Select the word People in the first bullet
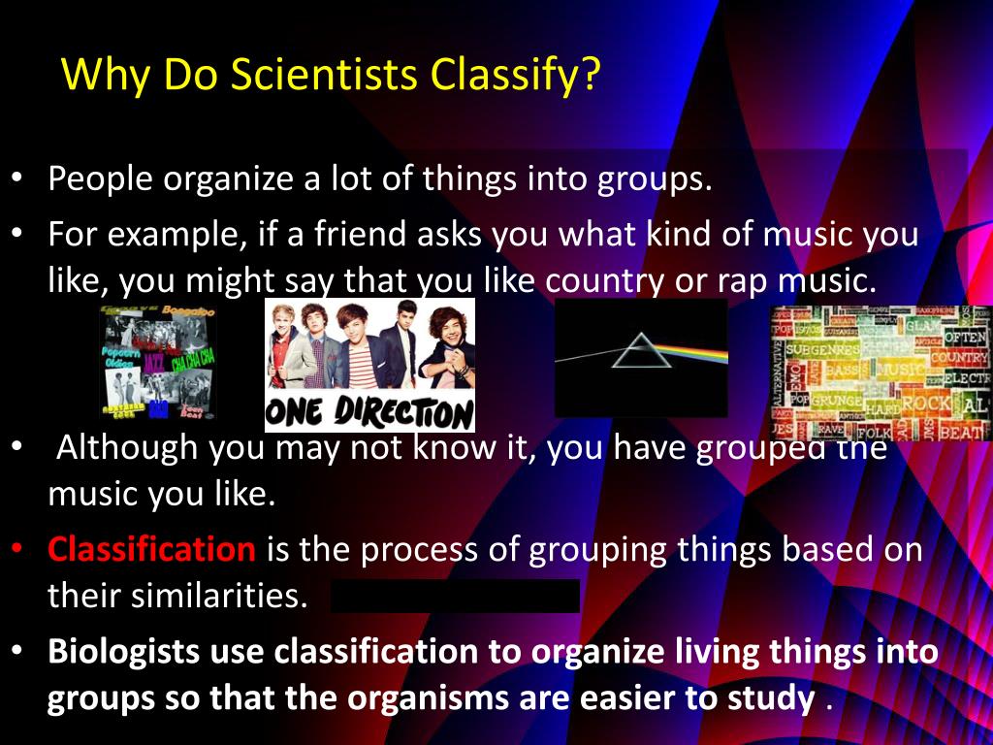(x=100, y=179)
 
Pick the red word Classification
(x=151, y=550)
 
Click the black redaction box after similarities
(x=455, y=597)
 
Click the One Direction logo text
(x=369, y=413)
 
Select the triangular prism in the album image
(x=638, y=350)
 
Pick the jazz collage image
(x=158, y=362)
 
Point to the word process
(x=382, y=551)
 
